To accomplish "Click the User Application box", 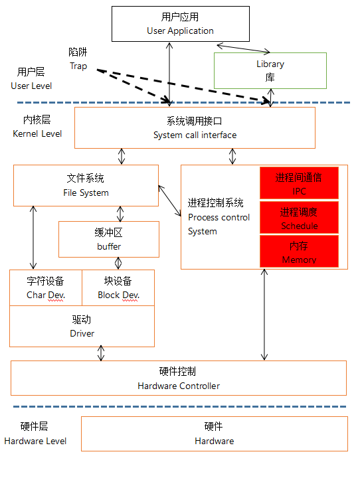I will (x=180, y=24).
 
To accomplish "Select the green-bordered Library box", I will (x=270, y=70).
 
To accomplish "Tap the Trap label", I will (x=78, y=59).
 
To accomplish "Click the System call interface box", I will (x=195, y=128).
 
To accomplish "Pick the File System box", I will (x=86, y=185).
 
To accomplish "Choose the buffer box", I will (x=109, y=240).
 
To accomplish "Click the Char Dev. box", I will (x=46, y=287).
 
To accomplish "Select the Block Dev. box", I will (x=118, y=287).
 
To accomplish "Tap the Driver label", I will (x=82, y=327).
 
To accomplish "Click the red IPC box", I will (x=299, y=184).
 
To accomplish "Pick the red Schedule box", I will (x=299, y=218).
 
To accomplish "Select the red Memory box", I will (x=299, y=252).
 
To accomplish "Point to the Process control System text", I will (x=219, y=217).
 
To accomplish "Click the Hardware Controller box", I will (x=179, y=378).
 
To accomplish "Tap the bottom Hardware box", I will (x=214, y=434).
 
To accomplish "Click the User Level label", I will (x=31, y=78).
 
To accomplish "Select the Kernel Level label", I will (x=37, y=126).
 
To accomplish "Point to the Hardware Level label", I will (x=35, y=434).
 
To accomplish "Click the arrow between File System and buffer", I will (x=120, y=214).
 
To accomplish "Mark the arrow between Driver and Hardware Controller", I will (x=101, y=353).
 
